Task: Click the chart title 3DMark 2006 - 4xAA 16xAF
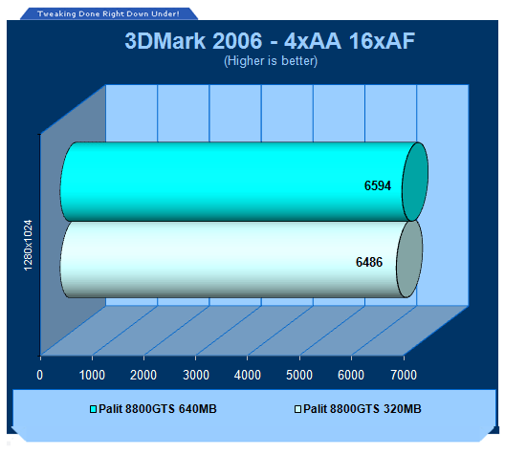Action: [270, 41]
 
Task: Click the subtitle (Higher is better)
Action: [271, 61]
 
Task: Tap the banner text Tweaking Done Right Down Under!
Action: [108, 13]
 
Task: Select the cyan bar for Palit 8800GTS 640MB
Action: [244, 182]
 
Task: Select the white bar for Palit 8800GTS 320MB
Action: [241, 259]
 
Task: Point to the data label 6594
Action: [378, 185]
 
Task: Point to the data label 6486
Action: [369, 262]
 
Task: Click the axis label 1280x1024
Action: [29, 246]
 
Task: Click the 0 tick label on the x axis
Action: [39, 375]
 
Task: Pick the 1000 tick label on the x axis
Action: [92, 375]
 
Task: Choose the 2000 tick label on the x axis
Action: [143, 375]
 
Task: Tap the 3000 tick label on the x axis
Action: [196, 375]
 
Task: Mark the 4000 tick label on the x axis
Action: [248, 375]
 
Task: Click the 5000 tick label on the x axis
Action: [299, 375]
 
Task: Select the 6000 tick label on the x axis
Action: [351, 375]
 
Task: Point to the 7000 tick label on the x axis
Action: [404, 375]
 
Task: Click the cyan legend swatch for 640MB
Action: [93, 409]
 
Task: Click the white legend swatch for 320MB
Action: [297, 409]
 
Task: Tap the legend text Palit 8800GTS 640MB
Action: [158, 409]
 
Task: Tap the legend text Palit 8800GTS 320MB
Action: [362, 409]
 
